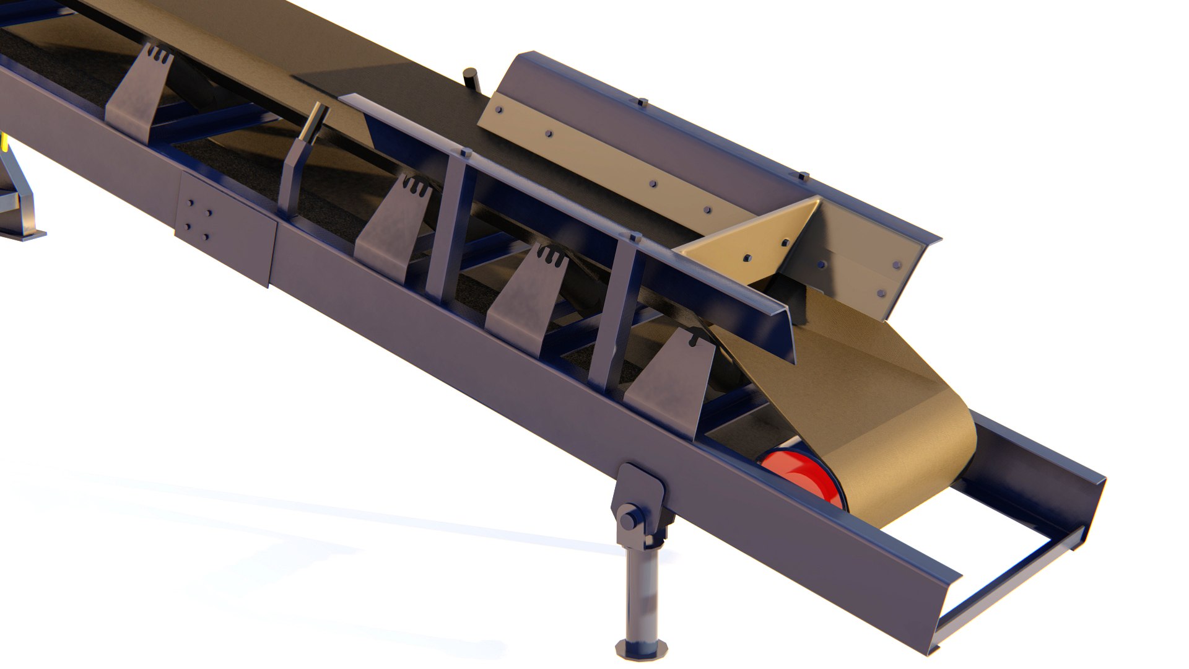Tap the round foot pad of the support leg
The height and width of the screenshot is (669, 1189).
[641, 647]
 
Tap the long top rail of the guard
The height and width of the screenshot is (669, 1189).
[557, 198]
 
